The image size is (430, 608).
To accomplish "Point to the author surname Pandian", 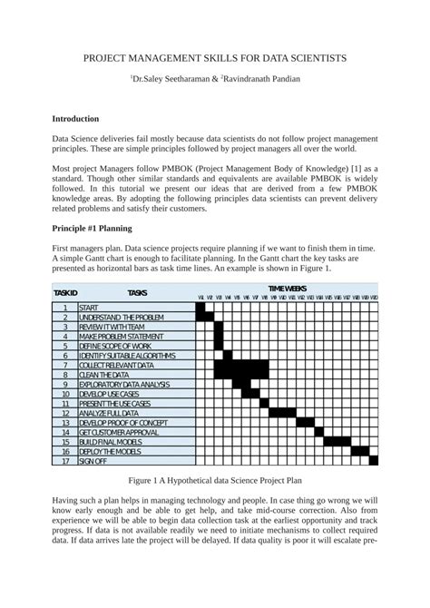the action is pos(283,80).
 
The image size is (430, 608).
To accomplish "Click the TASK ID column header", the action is pos(65,293).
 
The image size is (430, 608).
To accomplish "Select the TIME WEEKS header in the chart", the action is pos(286,288).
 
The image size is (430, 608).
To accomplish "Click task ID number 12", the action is pos(65,413).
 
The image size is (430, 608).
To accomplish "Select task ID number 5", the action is pos(65,346).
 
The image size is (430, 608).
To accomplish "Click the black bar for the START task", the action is pos(201,308).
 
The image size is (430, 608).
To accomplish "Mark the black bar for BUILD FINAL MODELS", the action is pos(337,442).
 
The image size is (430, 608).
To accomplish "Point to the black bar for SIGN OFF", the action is pos(374,461).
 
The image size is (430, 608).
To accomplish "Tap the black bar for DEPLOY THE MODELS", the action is pos(360,451).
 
